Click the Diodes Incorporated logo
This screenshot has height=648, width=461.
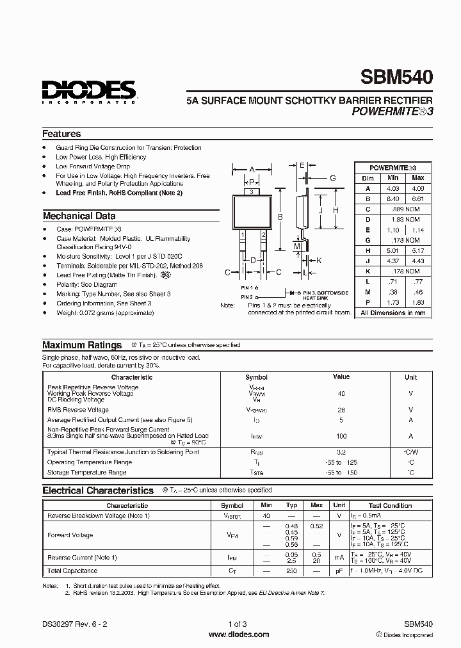(x=89, y=92)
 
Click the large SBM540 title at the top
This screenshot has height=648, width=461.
(x=397, y=78)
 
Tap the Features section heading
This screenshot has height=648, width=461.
(x=61, y=134)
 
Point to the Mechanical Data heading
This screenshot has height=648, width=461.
(x=79, y=216)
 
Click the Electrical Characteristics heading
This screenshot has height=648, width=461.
(x=98, y=490)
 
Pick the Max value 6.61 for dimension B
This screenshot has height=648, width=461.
(x=417, y=199)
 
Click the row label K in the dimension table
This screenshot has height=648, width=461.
(x=368, y=271)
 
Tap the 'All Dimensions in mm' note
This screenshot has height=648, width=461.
(x=392, y=313)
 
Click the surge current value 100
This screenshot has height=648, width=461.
(x=341, y=436)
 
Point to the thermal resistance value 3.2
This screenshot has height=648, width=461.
(x=341, y=452)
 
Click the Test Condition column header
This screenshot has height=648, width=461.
(x=390, y=505)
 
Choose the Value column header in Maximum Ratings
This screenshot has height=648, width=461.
(x=341, y=377)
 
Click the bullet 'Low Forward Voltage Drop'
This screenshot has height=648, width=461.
(x=93, y=166)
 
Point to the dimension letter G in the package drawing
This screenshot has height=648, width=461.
(x=333, y=178)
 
